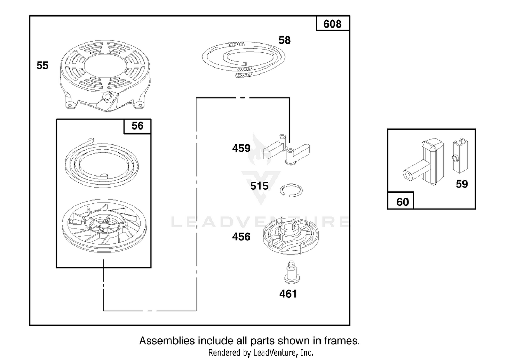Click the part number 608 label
click(x=332, y=24)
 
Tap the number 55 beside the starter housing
click(x=42, y=65)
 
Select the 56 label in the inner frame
click(x=137, y=126)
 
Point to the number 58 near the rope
click(x=285, y=40)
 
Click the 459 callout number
click(x=241, y=148)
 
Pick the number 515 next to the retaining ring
click(x=259, y=186)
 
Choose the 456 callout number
click(x=241, y=237)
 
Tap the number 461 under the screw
click(x=288, y=294)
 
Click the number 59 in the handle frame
click(x=462, y=184)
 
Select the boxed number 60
click(x=402, y=202)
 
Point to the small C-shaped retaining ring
click(x=291, y=190)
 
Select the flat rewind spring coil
click(x=101, y=163)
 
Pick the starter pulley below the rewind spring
click(x=104, y=226)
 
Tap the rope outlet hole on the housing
click(x=108, y=96)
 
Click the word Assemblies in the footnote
click(x=167, y=341)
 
